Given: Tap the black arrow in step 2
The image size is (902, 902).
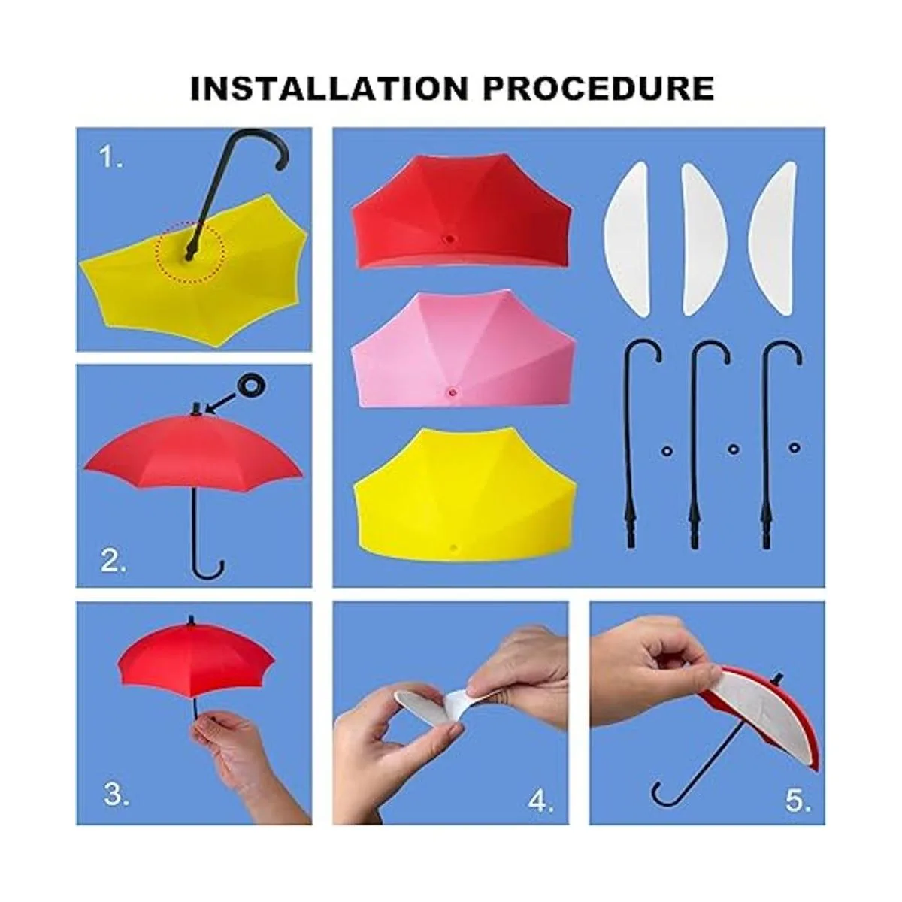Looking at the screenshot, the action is point(224,403).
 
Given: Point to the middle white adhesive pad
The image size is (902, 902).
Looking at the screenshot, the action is point(704,239).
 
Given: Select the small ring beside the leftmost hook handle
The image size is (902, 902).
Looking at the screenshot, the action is point(667,451).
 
